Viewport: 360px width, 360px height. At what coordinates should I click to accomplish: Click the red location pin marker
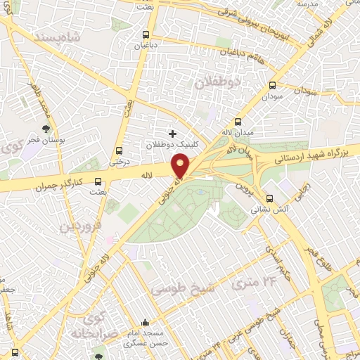click(181, 166)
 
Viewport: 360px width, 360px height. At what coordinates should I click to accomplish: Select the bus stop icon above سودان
click(272, 84)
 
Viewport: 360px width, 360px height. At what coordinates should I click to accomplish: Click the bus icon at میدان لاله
click(238, 121)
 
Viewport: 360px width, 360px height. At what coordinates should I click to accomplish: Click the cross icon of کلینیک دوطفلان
click(172, 133)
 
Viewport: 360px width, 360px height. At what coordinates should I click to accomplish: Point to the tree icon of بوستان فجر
click(46, 129)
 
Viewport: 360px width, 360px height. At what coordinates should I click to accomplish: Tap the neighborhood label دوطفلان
click(216, 83)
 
